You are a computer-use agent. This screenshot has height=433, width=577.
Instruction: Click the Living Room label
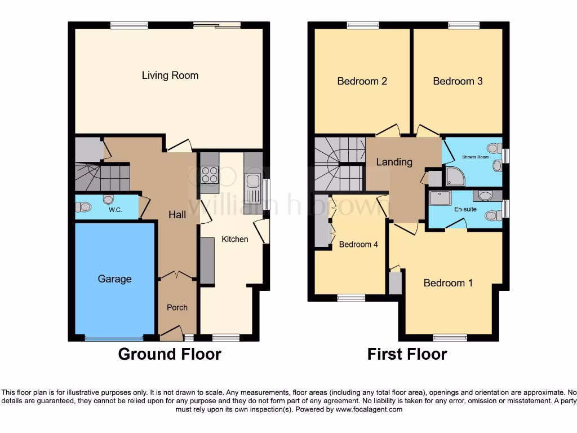point(170,76)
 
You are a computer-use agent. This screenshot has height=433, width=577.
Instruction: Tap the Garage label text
point(114,279)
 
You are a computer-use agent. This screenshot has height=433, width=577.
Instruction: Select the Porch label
point(177,307)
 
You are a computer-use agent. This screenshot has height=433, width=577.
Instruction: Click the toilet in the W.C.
point(84,207)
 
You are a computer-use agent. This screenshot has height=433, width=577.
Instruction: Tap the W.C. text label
point(116,210)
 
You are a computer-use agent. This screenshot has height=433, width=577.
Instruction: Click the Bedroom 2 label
point(362,81)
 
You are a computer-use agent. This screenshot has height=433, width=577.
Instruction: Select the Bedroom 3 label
point(458,81)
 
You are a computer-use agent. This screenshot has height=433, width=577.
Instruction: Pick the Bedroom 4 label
point(358,245)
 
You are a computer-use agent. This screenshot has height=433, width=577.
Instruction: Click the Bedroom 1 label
point(448,283)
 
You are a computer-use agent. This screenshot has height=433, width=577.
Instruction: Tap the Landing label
point(394,162)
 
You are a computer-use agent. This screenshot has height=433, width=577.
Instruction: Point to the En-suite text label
point(465,209)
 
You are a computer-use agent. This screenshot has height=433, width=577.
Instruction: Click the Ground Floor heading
point(169,354)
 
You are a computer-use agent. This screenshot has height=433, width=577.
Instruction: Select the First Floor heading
point(407,354)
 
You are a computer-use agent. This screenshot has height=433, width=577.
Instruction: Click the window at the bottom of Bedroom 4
point(351,298)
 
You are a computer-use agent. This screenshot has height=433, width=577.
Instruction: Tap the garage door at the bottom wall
point(114,338)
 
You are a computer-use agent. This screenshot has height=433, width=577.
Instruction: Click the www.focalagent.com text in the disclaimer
point(369,409)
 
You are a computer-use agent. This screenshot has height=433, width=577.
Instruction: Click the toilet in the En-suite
point(492,215)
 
